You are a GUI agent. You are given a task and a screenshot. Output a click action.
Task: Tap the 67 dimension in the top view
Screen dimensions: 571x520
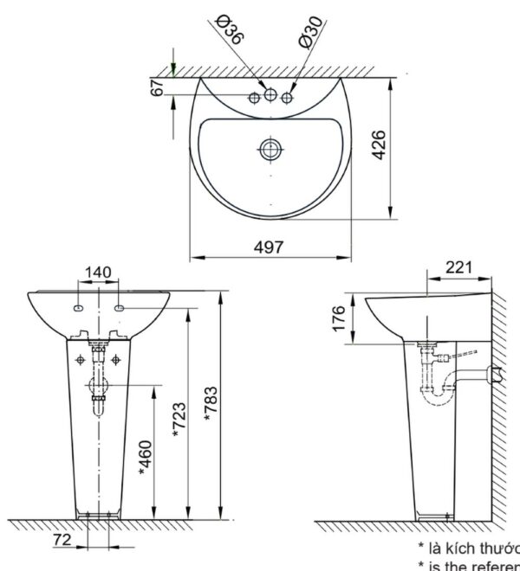[x=157, y=86]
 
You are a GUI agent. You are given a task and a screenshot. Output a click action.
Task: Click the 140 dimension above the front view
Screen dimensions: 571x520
[x=97, y=273]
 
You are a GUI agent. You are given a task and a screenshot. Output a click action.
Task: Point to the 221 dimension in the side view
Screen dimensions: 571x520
[x=458, y=267]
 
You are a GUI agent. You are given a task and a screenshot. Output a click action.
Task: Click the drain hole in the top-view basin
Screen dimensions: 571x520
[x=270, y=149]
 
